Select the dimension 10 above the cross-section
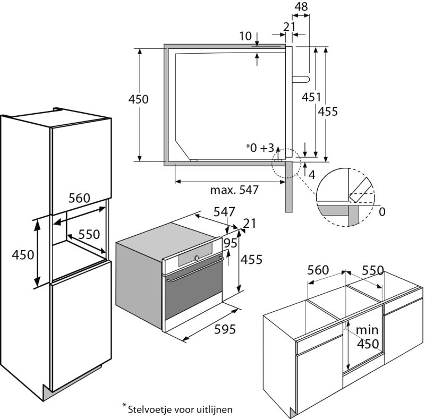pos(245,36)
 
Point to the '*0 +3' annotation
pos(260,148)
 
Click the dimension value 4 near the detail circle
pos(312,174)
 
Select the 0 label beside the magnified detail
pos(382,212)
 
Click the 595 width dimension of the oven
pos(225,329)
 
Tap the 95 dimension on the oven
pos(231,243)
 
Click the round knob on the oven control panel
pos(196,258)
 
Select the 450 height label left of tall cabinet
pos(23,254)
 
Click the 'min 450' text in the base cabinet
pos(367,337)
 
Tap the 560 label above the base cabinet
pos(318,270)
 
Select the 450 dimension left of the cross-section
pos(139,99)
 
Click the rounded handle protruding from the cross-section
pos(300,78)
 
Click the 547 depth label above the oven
pos(224,211)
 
